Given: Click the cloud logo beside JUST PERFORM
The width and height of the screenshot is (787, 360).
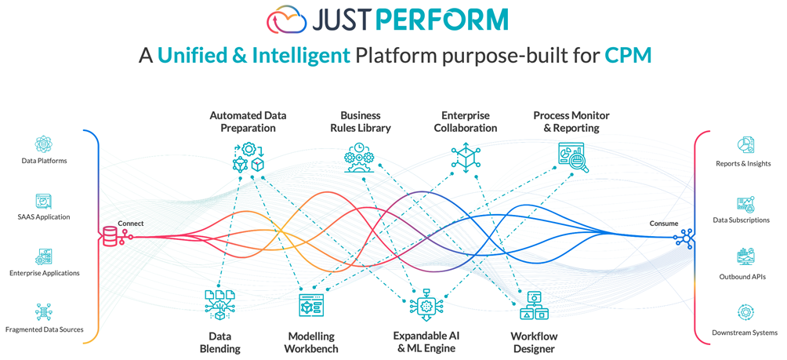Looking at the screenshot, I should point(286,19).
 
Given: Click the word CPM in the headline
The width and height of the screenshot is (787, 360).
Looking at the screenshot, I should point(628,55).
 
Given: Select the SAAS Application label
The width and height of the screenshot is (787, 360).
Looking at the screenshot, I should point(44,216).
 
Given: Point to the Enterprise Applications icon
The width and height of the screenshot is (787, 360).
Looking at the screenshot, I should point(44,256).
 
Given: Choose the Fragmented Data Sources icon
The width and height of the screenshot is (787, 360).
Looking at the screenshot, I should point(44,312).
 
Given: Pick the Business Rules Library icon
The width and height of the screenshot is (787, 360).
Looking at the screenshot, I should point(360,157).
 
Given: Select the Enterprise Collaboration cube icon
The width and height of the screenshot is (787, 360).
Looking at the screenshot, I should point(466,157).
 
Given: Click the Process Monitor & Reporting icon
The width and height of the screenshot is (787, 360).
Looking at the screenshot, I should point(571,156).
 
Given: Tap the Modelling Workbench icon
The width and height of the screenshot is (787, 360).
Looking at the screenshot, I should point(311,305).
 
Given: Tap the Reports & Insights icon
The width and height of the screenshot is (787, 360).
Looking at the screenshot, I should point(744,146).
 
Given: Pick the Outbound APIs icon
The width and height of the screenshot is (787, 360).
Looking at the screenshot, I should point(744,256).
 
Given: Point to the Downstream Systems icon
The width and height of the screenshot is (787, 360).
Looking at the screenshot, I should point(744,312).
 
